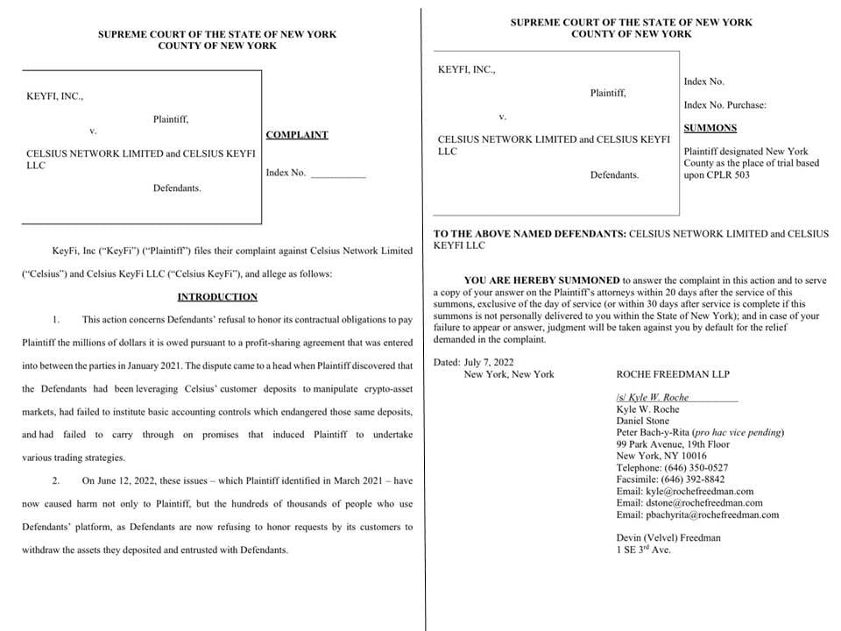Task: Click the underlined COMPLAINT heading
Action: [296, 135]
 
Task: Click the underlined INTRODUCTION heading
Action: [217, 297]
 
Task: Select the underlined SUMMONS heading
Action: [710, 128]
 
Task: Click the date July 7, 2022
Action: [494, 362]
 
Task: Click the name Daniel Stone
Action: [643, 421]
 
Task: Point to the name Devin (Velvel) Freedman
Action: [668, 537]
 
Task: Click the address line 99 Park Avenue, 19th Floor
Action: [673, 444]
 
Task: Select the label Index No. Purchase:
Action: [724, 105]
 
